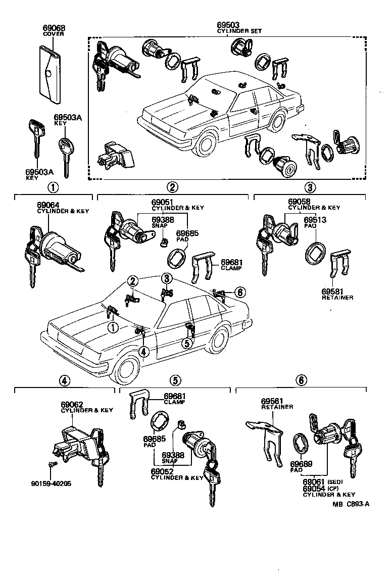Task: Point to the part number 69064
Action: click(x=48, y=205)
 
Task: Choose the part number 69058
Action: click(x=299, y=202)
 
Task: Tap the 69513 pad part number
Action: click(x=314, y=220)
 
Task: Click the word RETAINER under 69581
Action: click(x=337, y=298)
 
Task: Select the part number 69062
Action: click(x=72, y=405)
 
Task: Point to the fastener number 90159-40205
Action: click(x=51, y=483)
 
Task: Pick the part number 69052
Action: click(x=162, y=471)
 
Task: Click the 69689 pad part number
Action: click(x=301, y=464)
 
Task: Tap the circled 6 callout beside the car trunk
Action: click(x=240, y=293)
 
